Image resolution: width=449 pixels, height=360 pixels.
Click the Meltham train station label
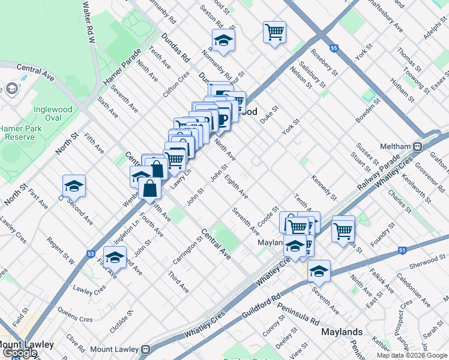[398, 146]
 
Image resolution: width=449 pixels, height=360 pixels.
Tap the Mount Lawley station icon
[146, 349]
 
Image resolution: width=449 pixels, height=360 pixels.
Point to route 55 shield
[334, 47]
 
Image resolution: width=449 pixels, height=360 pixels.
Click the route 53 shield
[90, 254]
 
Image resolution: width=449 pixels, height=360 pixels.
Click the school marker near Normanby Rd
[223, 40]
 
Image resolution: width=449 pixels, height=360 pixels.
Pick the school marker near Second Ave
[74, 186]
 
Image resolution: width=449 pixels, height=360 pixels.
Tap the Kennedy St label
[324, 187]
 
